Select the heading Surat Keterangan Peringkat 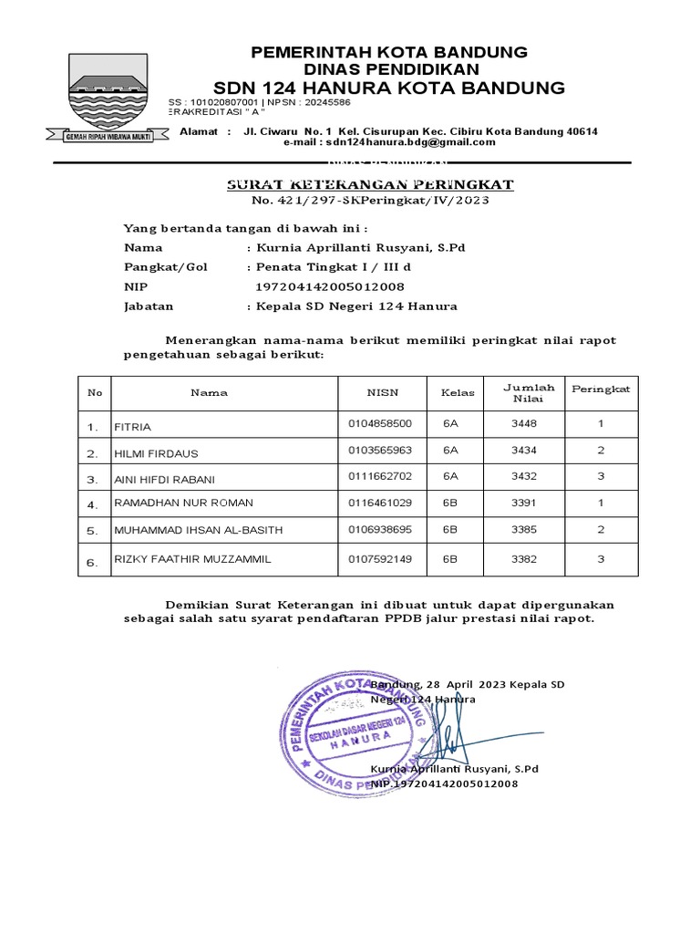370,185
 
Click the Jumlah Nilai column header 529,393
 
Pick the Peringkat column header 601,389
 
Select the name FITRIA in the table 133,426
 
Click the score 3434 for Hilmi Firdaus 524,451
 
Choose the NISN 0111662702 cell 380,477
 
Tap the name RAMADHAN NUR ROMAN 183,503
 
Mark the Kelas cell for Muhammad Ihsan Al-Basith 450,529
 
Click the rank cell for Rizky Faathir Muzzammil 601,559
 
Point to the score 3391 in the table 524,503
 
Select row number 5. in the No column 92,531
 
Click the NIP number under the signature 444,784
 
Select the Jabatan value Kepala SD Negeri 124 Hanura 356,306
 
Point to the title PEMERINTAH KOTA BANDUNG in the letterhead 389,52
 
